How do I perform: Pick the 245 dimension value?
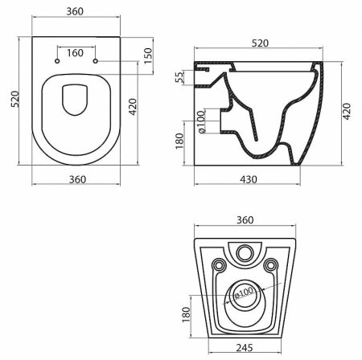click(246, 350)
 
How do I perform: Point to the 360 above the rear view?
click(245, 219)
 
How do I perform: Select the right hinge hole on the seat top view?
click(95, 60)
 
